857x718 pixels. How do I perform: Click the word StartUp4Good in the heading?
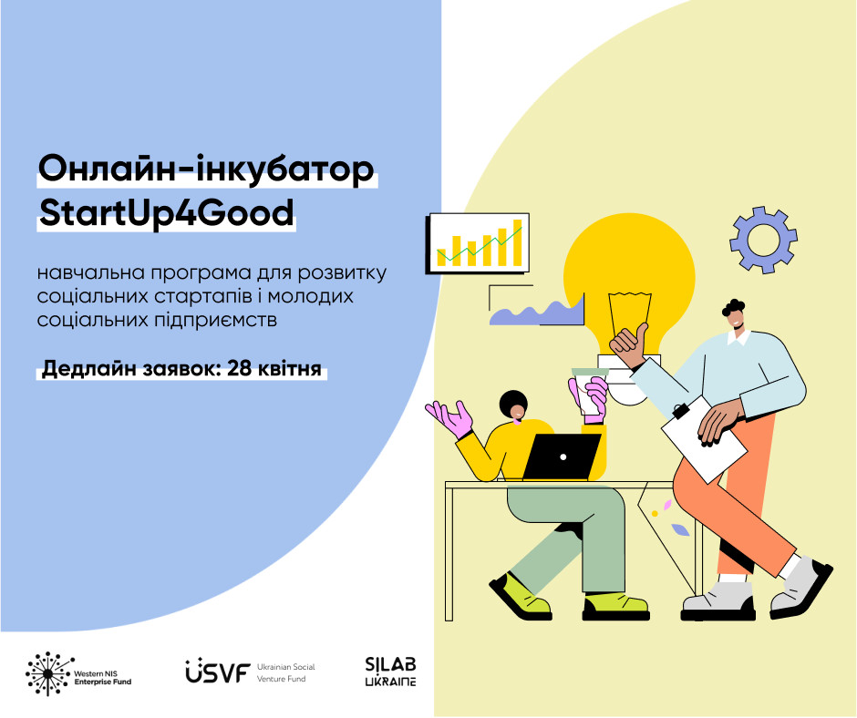click(x=167, y=213)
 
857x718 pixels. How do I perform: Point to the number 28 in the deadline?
click(x=240, y=368)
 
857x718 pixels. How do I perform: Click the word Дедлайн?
click(x=88, y=369)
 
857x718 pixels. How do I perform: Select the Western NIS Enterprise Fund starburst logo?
click(x=49, y=673)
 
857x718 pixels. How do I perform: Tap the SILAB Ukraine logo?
click(x=391, y=671)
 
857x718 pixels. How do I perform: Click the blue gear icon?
click(x=763, y=240)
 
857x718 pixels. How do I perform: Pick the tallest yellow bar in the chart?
click(x=517, y=242)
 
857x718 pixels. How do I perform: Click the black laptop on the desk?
click(x=562, y=456)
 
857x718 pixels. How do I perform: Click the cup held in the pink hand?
click(x=589, y=395)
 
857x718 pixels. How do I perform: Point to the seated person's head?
click(x=514, y=406)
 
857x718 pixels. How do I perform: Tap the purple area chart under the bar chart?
click(x=538, y=313)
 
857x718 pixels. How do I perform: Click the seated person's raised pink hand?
click(x=449, y=418)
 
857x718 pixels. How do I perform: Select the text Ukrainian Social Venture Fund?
click(x=286, y=672)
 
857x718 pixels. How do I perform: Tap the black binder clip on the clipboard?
click(x=680, y=411)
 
